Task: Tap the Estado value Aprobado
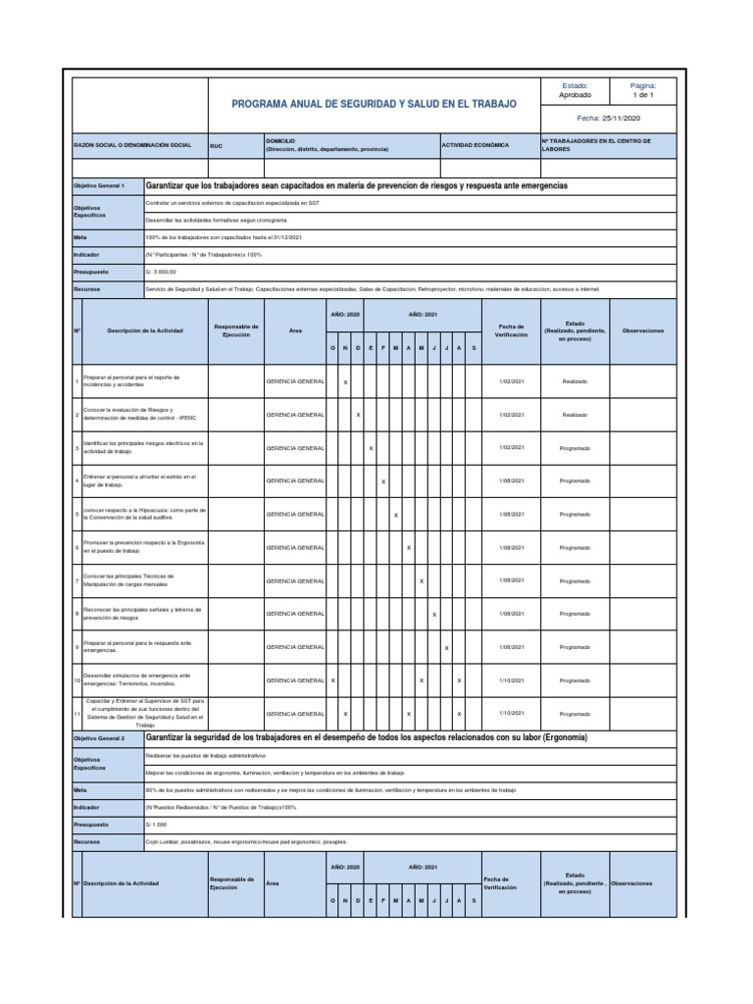point(575,95)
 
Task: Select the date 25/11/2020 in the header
point(608,118)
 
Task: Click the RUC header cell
point(217,144)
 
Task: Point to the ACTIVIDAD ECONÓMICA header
point(477,144)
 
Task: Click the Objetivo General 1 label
point(100,185)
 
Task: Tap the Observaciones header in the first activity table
point(643,331)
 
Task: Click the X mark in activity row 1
point(346,381)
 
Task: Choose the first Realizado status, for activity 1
point(575,381)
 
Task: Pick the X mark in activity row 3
point(371,448)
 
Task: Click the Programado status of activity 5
point(575,514)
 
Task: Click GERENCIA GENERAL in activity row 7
point(295,580)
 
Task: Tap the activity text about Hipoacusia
point(143,514)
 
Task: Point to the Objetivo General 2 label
point(100,737)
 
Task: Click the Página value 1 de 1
point(642,95)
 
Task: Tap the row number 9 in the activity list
point(76,647)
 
